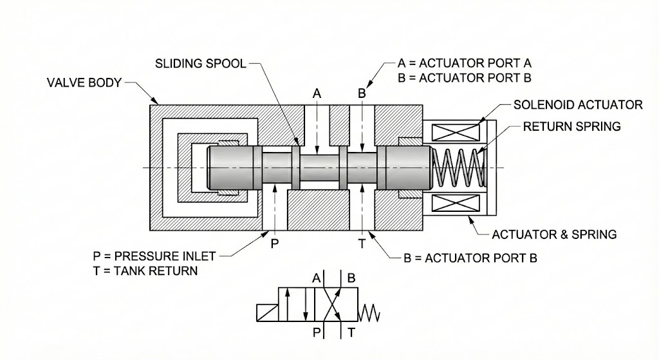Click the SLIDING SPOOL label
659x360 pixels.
[200, 64]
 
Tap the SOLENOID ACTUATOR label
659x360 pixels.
[578, 105]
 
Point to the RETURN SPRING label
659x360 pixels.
[571, 126]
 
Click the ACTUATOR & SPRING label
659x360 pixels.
[554, 234]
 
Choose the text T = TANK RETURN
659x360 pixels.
[145, 270]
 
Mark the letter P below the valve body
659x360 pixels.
[274, 243]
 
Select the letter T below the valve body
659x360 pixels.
[362, 243]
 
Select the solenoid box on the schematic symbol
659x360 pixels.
[270, 314]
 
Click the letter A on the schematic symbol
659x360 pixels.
[316, 279]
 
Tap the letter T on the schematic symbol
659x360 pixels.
[351, 332]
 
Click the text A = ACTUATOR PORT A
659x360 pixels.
[464, 64]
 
